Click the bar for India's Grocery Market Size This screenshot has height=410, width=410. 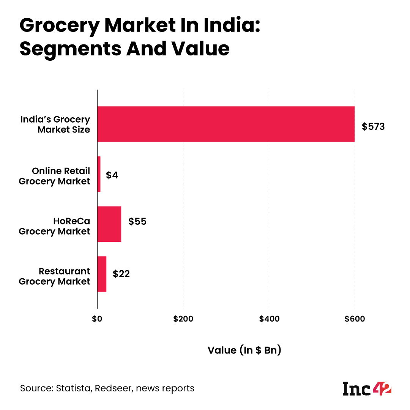[x=226, y=124]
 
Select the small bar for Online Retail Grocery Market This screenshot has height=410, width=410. [x=99, y=174]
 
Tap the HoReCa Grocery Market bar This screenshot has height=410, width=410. [x=109, y=224]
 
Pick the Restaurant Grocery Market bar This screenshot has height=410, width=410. [x=102, y=274]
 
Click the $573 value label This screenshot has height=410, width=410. [x=373, y=126]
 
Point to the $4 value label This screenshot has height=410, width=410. [x=112, y=175]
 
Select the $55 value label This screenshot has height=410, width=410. [x=137, y=221]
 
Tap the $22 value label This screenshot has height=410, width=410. [x=121, y=274]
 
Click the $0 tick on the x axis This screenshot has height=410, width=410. [x=97, y=319]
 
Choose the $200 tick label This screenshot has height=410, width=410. [x=183, y=319]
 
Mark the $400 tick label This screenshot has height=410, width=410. [x=269, y=319]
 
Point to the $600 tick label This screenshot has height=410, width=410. [x=355, y=319]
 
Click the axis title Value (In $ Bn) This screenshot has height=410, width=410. [x=244, y=350]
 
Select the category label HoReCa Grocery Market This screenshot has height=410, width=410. [x=55, y=226]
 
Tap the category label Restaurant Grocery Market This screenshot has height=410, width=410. [x=55, y=276]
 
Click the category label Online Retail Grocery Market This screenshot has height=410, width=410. [x=55, y=176]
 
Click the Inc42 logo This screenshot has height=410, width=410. [x=367, y=388]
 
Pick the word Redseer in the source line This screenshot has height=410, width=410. [x=114, y=388]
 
